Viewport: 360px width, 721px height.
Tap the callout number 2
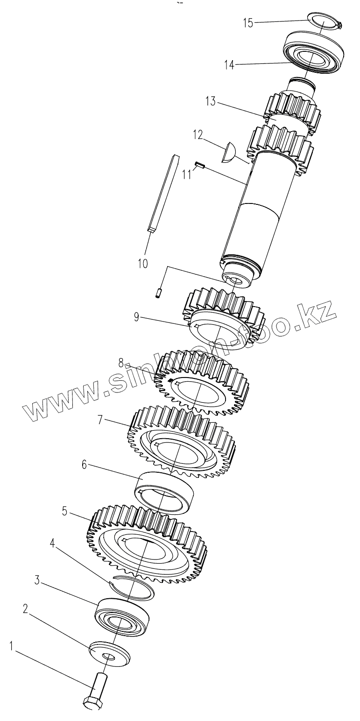(26, 609)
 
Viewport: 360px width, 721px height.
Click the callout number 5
(65, 511)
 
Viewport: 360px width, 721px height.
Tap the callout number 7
(100, 420)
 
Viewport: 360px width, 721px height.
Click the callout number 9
(136, 317)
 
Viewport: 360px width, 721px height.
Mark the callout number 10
(142, 264)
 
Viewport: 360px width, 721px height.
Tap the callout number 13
(210, 101)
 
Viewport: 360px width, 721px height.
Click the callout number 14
(229, 65)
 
